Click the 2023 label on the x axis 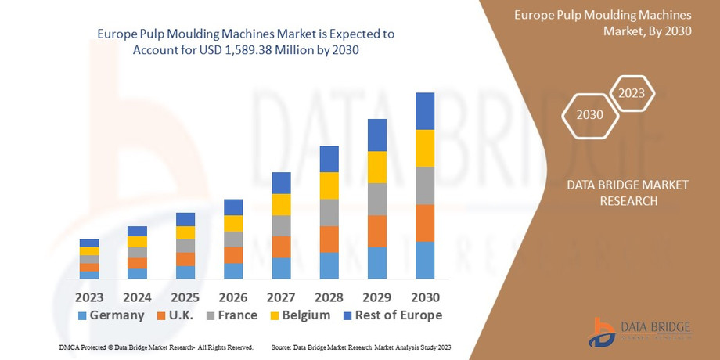pos(89,297)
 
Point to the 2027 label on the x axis pos(281,297)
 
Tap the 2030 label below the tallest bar pos(424,297)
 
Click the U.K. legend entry pos(181,315)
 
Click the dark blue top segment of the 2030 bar pos(424,111)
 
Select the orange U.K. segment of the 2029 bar pos(376,231)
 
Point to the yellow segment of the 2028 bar pos(329,185)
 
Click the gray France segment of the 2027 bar pos(281,225)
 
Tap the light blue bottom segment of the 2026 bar pos(233,271)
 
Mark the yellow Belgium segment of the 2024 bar pos(137,241)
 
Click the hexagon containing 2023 pos(631,94)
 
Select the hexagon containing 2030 pos(589,114)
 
